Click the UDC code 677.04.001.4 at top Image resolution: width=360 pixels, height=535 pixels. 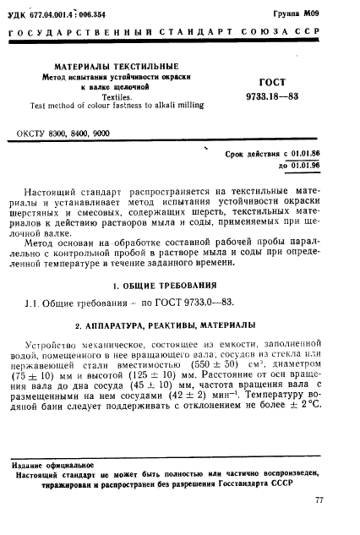click(59, 14)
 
